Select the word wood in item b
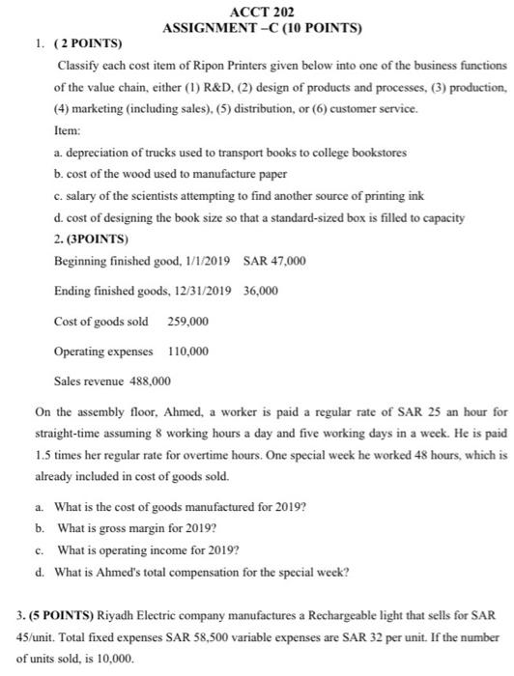pos(128,174)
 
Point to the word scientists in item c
pos(146,196)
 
